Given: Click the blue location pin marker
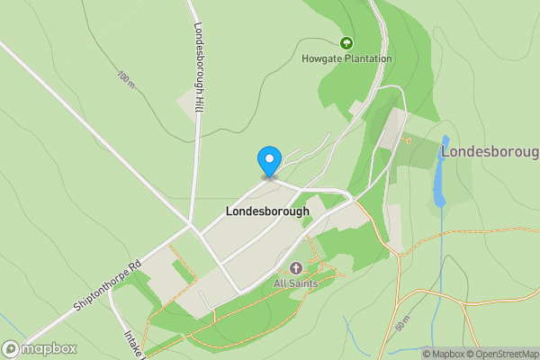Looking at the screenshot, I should [268, 161].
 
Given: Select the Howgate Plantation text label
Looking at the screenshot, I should [346, 59].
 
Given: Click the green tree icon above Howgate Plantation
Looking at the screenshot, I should [346, 42].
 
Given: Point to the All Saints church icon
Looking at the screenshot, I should [296, 268].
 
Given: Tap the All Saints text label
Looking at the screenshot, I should [296, 283].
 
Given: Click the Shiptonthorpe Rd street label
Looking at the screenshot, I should [109, 290].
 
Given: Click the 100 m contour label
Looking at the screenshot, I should [125, 78].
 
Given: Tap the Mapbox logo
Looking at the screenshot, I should [40, 349].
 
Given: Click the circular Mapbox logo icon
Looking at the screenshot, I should [11, 349].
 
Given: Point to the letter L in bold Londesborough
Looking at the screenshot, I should [228, 211].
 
